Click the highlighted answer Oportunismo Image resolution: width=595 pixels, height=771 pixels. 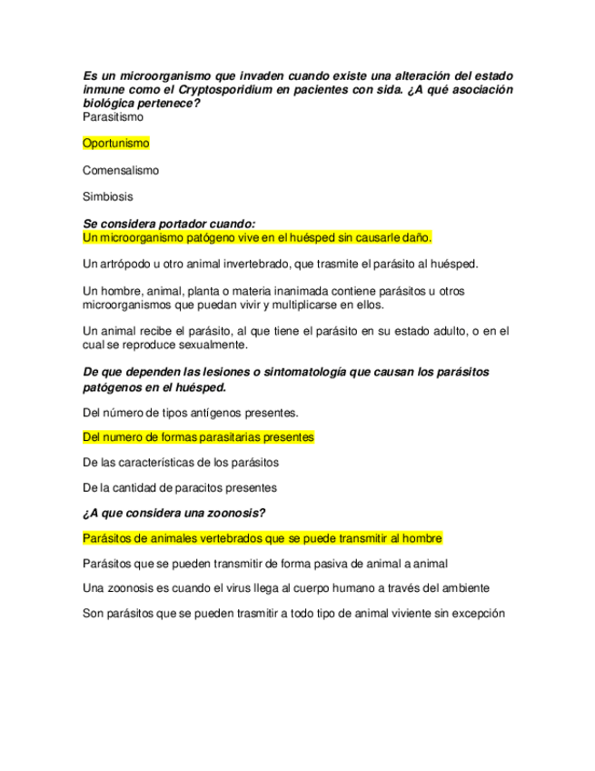tap(115, 144)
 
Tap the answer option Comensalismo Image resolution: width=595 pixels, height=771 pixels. tap(120, 170)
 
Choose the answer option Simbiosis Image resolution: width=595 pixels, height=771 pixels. tap(107, 197)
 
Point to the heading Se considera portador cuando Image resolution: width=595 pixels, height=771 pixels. tap(169, 224)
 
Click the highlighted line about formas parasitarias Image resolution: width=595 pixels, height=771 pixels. tap(198, 437)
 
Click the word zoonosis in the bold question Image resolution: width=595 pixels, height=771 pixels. tap(228, 512)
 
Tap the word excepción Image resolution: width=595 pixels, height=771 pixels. tap(474, 613)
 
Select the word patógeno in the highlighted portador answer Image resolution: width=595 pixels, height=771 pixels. tap(201, 237)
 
